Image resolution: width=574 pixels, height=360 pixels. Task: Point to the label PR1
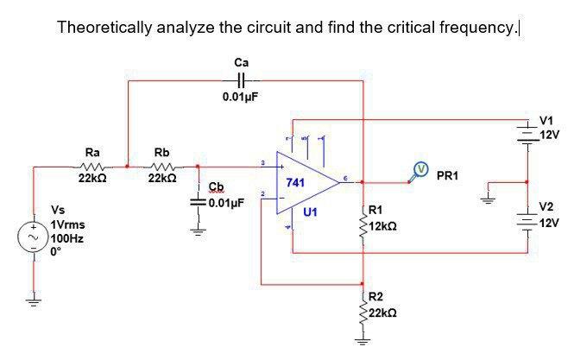448,176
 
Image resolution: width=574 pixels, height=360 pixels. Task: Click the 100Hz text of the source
66,236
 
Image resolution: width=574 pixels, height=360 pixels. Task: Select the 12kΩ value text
382,225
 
